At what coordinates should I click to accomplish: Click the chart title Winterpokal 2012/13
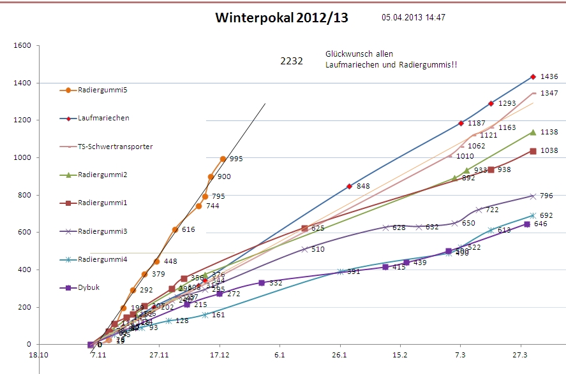point(281,18)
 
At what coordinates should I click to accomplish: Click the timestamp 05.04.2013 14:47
point(413,17)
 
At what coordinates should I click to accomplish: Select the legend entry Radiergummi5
point(102,90)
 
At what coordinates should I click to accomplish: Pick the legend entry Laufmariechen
point(103,119)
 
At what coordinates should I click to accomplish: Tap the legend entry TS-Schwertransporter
point(115,147)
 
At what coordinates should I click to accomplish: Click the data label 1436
point(549,76)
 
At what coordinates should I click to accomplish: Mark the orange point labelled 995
point(223,159)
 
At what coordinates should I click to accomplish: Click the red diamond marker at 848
point(349,187)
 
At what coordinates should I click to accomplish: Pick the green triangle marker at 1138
point(533,133)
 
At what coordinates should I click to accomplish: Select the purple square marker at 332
point(262,282)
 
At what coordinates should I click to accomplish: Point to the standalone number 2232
point(292,61)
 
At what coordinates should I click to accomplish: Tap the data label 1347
point(549,93)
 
